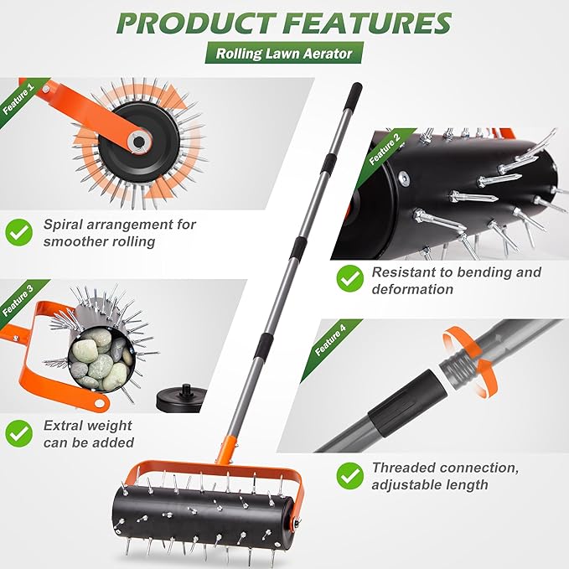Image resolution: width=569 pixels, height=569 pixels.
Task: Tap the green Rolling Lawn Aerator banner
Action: coord(284,54)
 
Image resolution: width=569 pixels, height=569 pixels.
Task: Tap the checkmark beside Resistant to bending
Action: coord(349,277)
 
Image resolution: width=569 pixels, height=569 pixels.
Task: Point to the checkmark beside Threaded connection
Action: coord(349,475)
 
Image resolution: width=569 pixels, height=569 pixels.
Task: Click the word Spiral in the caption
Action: coord(63,225)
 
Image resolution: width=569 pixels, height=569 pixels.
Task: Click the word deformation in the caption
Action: coord(412,289)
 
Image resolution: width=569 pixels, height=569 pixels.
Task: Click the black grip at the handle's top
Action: coord(355,92)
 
